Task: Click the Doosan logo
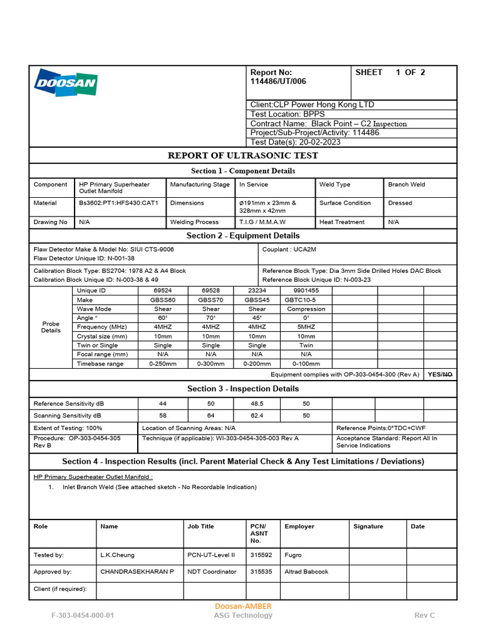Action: (x=66, y=82)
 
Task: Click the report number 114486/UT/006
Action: (x=278, y=81)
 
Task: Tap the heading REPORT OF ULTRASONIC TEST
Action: (x=242, y=156)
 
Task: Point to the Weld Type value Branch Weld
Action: (x=406, y=185)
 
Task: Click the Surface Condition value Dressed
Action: (x=400, y=203)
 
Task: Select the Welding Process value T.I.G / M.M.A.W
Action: (x=262, y=222)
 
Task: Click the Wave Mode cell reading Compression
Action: (x=306, y=309)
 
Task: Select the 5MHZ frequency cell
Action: (x=306, y=327)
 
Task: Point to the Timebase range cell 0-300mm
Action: (x=210, y=364)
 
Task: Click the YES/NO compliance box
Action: (x=440, y=374)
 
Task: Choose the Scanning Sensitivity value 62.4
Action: (x=257, y=416)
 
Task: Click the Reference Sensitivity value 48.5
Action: (x=257, y=404)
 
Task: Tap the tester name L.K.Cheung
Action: (x=117, y=555)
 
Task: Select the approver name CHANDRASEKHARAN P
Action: (x=137, y=572)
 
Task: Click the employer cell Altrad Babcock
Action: (x=306, y=572)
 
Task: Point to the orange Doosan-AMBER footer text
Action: (x=243, y=606)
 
